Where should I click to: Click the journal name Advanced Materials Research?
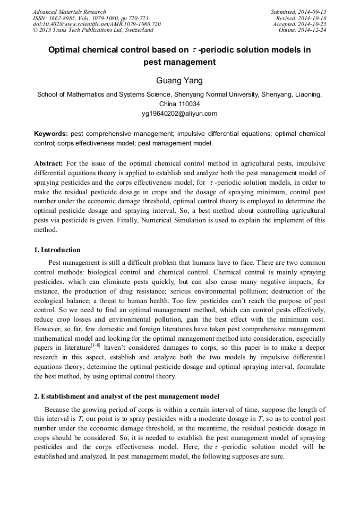pyautogui.click(x=69, y=12)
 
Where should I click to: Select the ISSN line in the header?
pyautogui.click(x=90, y=18)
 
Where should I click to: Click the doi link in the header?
pyautogui.click(x=97, y=24)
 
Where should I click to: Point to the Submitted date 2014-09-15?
pyautogui.click(x=298, y=12)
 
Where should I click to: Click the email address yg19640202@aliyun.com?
pyautogui.click(x=179, y=113)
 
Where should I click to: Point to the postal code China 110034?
pyautogui.click(x=179, y=103)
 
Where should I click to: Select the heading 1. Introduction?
pyautogui.click(x=57, y=250)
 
